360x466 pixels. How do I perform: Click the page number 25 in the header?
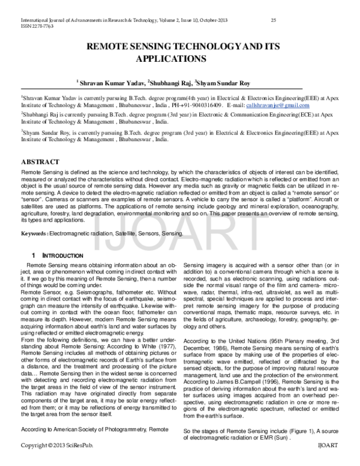click(273, 20)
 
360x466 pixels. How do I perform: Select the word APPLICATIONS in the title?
click(172, 59)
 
